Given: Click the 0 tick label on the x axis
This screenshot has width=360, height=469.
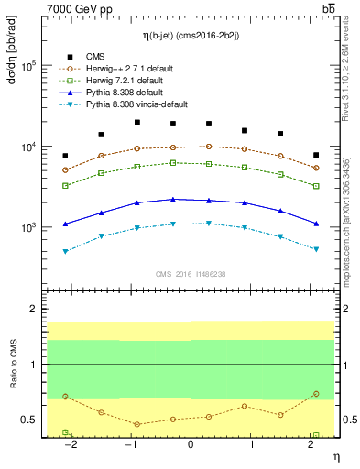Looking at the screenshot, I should coord(191,443).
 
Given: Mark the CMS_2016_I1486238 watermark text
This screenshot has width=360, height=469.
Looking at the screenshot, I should coord(191,274).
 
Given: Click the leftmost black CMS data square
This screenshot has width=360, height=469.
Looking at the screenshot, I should coord(65,156).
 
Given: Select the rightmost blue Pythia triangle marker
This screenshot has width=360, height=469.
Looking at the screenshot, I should coord(315,224).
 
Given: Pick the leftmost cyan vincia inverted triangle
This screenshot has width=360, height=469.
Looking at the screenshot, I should coord(65,251).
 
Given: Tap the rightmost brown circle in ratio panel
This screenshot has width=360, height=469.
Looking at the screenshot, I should coord(315,394).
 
